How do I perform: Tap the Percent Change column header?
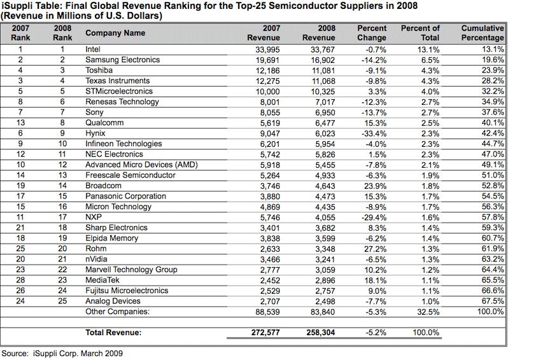pos(372,33)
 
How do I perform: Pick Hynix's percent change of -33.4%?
pos(373,133)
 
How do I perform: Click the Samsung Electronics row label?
pos(122,60)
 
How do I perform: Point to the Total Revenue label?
pos(113,332)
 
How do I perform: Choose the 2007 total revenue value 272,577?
pos(263,332)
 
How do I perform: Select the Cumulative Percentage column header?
pos(482,33)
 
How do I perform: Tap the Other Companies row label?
pos(117,312)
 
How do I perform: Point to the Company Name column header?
pos(115,33)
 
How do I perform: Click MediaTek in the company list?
pos(103,280)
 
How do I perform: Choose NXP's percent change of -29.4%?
pos(373,217)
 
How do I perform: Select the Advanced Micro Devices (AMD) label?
pos(141,165)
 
